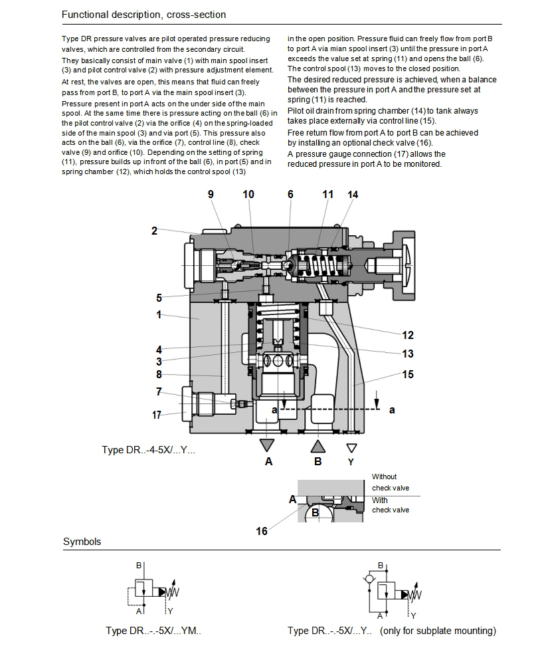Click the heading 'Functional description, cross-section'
(143, 14)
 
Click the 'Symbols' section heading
(82, 542)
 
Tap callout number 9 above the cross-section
(211, 194)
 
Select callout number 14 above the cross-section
(353, 195)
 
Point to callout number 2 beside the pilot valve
(154, 231)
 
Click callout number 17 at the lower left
(157, 415)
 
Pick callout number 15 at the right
(407, 374)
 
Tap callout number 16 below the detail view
(262, 531)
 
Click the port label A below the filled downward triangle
(268, 462)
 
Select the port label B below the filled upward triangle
(317, 462)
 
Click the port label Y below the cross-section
(351, 462)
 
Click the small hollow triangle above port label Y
(351, 447)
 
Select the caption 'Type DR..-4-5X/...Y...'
(149, 450)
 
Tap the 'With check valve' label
(391, 505)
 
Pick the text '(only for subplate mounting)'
(438, 631)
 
